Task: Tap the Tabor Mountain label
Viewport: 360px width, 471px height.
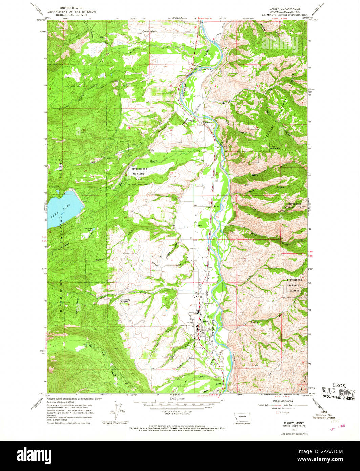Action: (x=275, y=148)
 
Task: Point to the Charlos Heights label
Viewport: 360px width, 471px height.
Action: (x=149, y=31)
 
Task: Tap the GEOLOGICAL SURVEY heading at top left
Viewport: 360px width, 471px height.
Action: (x=71, y=15)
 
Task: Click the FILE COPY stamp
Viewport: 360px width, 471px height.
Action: (x=338, y=393)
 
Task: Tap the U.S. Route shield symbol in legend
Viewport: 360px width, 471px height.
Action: (x=278, y=413)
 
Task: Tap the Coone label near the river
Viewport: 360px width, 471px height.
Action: (x=207, y=122)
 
